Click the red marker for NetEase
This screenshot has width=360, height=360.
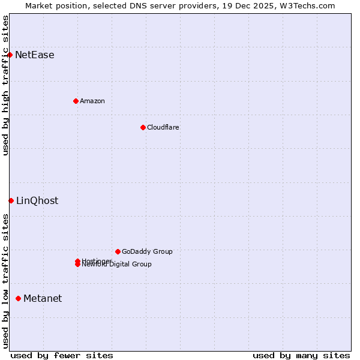10,55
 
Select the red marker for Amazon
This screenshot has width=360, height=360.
76,101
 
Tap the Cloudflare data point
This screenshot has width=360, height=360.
143,127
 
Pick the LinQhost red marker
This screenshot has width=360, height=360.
11,200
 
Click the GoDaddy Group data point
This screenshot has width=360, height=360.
118,251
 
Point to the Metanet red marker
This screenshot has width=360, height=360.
18,298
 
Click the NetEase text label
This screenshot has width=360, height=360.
35,55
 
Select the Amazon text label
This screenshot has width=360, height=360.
92,101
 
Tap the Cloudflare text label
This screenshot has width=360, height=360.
163,127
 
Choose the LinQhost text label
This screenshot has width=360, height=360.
37,201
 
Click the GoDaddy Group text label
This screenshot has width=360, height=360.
147,251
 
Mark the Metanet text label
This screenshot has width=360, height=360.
43,299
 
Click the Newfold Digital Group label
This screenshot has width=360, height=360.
117,265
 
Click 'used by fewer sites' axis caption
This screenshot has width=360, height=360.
62,355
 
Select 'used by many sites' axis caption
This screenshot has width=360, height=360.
301,355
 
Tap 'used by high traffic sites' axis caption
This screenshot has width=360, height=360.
5,85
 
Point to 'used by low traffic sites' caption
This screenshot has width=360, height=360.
5,281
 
